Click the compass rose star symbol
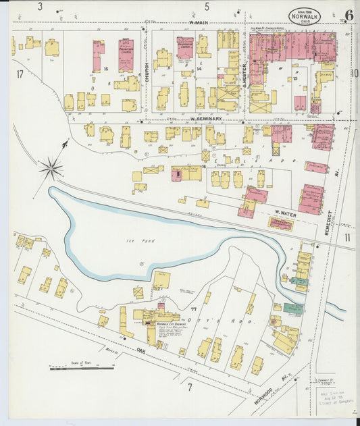point(51,168)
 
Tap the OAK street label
point(141,350)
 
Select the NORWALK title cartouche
point(305,16)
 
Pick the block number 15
point(106,69)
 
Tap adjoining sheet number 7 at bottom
point(190,387)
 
